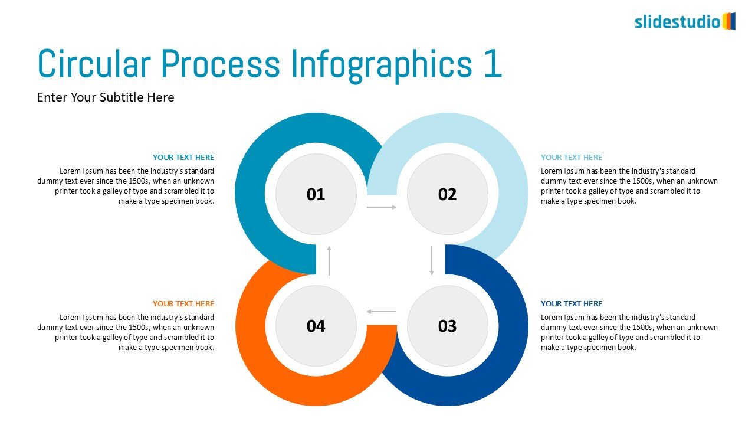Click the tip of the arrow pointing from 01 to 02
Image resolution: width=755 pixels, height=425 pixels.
click(396, 207)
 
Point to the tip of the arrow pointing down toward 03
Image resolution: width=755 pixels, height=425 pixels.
click(432, 275)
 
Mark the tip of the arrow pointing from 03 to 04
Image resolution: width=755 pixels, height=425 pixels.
click(367, 312)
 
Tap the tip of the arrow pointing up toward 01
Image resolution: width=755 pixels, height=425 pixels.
click(329, 246)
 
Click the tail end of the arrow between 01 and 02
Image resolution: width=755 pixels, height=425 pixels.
click(367, 207)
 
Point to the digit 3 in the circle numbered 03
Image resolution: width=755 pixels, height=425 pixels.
click(452, 326)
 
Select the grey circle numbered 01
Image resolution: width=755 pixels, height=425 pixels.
click(316, 194)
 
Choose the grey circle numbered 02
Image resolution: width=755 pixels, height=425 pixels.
click(448, 194)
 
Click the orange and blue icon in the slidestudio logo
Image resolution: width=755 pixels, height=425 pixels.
click(728, 21)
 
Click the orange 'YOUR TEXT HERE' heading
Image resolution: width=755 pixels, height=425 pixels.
click(183, 303)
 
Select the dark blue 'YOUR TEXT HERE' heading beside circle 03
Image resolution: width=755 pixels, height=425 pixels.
click(572, 303)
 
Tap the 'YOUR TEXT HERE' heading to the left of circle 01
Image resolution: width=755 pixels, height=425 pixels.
click(183, 157)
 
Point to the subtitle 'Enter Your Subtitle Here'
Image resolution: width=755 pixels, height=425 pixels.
click(106, 97)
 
